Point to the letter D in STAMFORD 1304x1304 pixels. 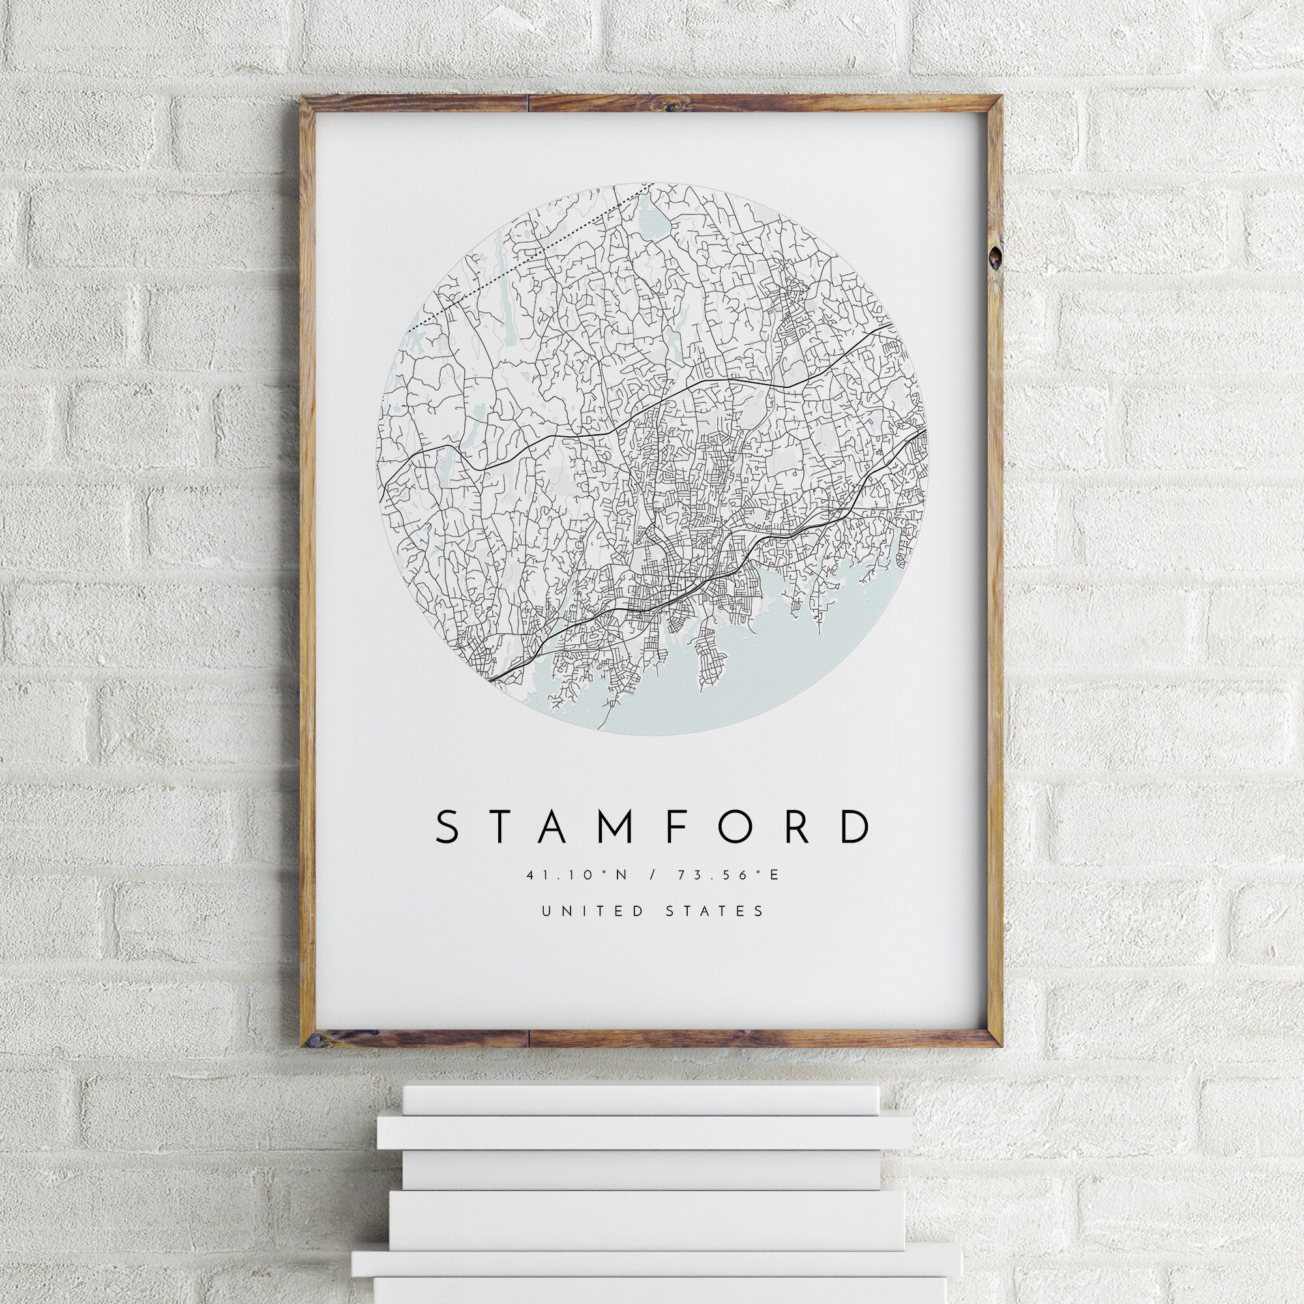(855, 827)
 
